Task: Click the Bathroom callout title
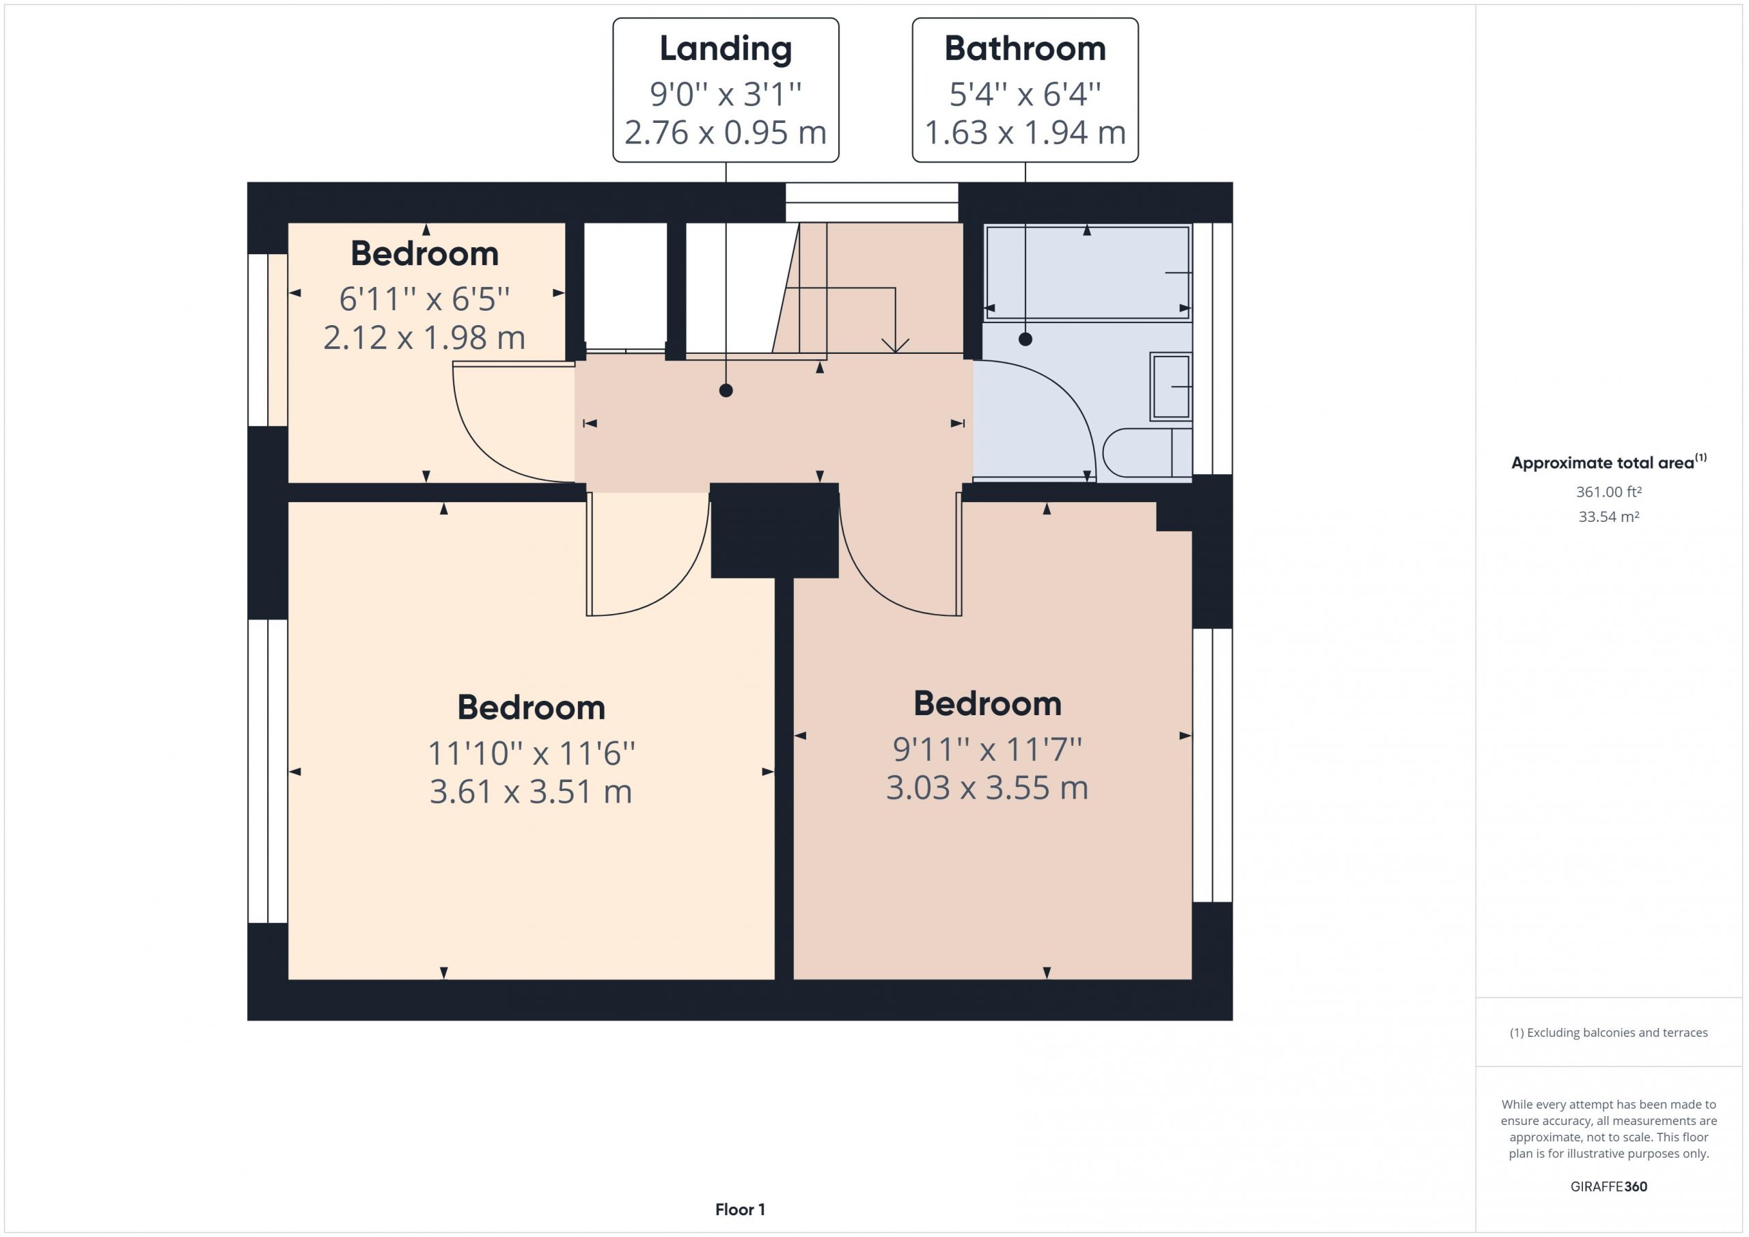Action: (x=1025, y=48)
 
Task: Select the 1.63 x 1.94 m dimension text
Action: (x=1025, y=133)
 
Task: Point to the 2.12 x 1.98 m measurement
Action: (x=424, y=337)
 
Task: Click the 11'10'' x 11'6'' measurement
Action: (x=531, y=753)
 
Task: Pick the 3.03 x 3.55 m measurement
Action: (x=987, y=788)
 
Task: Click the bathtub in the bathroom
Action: (x=1087, y=272)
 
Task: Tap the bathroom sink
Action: (x=1171, y=387)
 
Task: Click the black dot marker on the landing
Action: (x=726, y=391)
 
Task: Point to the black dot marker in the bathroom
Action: (x=1025, y=339)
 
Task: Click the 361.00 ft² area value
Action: (x=1608, y=492)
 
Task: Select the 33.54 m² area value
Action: (x=1608, y=516)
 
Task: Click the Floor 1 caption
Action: (x=740, y=1210)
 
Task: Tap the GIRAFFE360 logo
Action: (x=1608, y=1186)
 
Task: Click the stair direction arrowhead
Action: (x=895, y=345)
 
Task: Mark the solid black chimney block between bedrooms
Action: (x=775, y=531)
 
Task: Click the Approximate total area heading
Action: (x=1608, y=462)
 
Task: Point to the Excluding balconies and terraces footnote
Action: (x=1608, y=1033)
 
